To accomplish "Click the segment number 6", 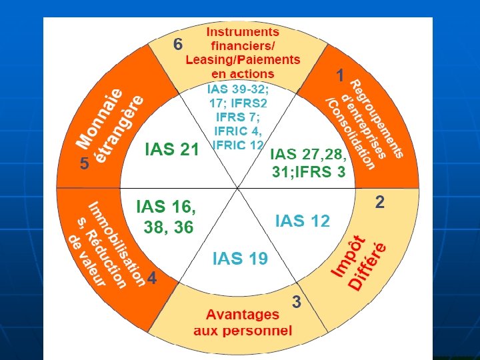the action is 178,45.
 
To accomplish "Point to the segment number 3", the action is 297,302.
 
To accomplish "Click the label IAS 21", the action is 172,150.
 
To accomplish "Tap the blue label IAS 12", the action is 303,221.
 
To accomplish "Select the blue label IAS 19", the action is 240,259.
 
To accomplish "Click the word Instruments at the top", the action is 243,31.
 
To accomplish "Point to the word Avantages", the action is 243,314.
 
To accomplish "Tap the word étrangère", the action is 121,131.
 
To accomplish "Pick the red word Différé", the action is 369,267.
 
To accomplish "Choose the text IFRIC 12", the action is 238,145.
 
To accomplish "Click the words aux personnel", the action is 243,330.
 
